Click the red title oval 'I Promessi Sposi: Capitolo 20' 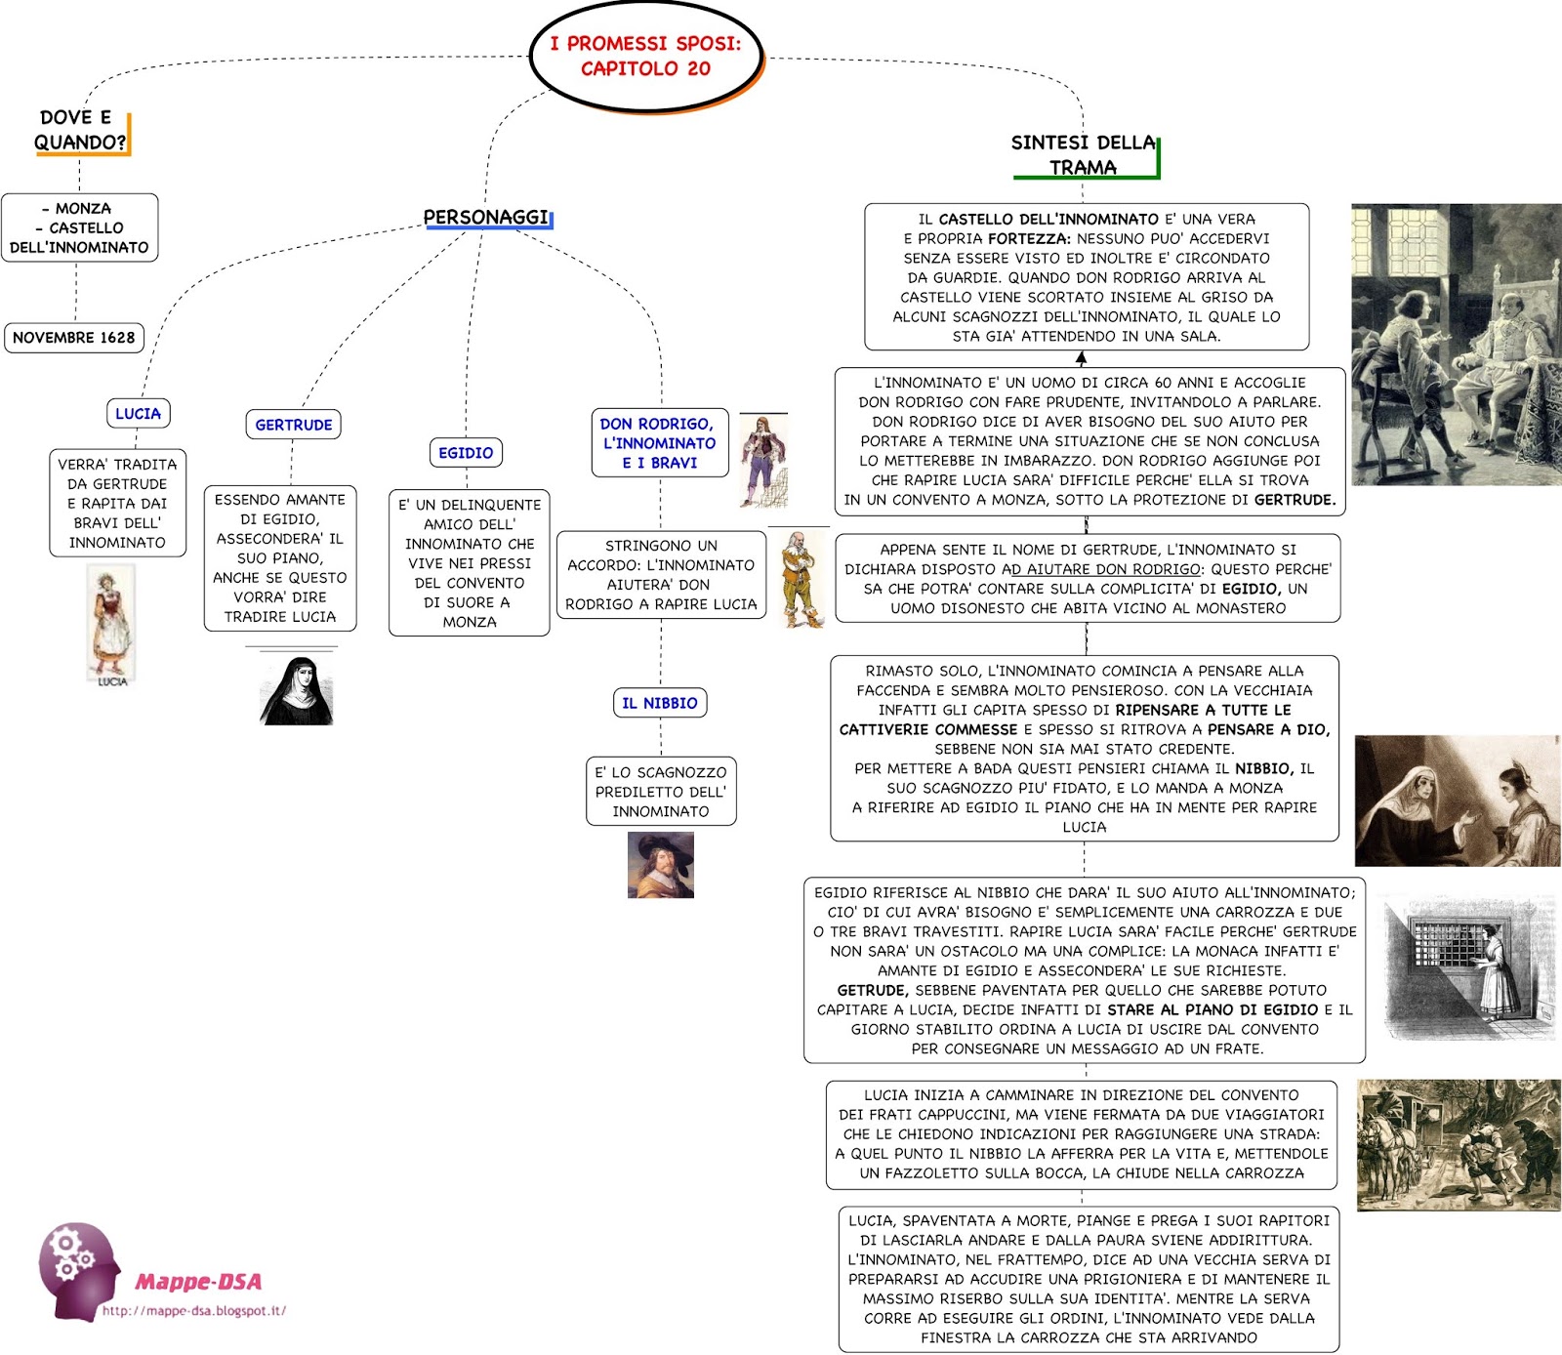(x=645, y=57)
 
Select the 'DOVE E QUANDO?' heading (x=80, y=131)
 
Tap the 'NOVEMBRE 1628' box (x=74, y=338)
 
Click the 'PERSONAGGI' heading (x=486, y=217)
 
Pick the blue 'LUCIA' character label (x=138, y=414)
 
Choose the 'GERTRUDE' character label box (x=293, y=425)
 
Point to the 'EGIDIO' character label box (x=466, y=453)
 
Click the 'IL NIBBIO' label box (x=660, y=703)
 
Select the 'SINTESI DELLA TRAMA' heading (x=1084, y=155)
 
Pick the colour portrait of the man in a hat (x=661, y=865)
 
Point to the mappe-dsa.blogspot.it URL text (x=194, y=1311)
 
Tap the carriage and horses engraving (x=1459, y=1145)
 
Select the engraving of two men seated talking (x=1456, y=345)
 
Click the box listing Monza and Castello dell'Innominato (x=79, y=227)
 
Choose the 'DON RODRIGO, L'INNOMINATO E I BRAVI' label (x=659, y=443)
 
